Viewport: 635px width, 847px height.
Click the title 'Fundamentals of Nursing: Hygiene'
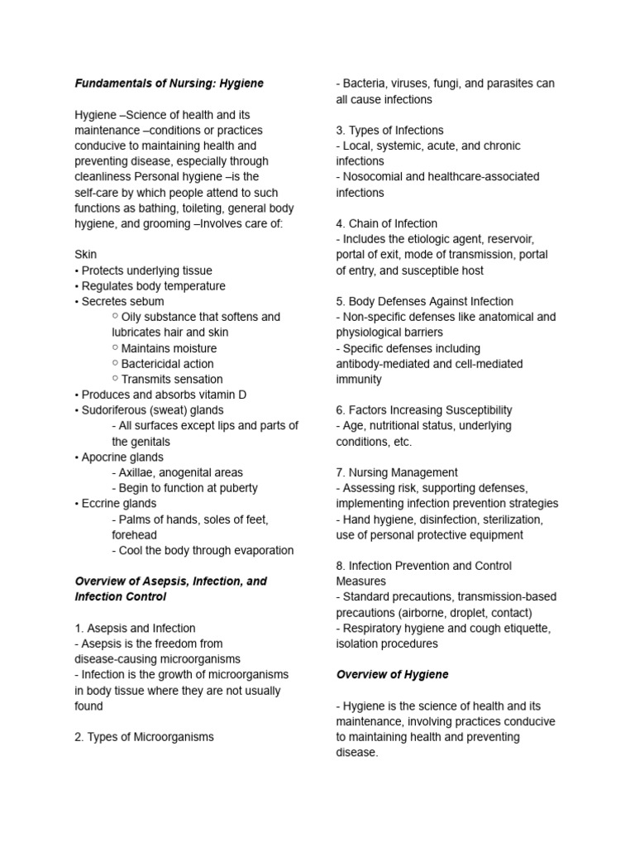pos(169,84)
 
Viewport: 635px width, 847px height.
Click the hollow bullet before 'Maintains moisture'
pos(115,348)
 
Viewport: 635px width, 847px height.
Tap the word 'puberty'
pos(235,488)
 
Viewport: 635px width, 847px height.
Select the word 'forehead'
pos(134,535)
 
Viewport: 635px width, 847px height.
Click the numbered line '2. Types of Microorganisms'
pos(144,737)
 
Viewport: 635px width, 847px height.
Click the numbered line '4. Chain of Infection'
pos(386,223)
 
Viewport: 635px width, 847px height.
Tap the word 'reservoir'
pos(522,239)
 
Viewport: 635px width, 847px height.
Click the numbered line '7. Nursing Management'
pos(396,472)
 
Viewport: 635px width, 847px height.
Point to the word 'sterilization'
pos(512,519)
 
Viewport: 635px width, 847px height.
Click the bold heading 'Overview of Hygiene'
pos(392,674)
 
